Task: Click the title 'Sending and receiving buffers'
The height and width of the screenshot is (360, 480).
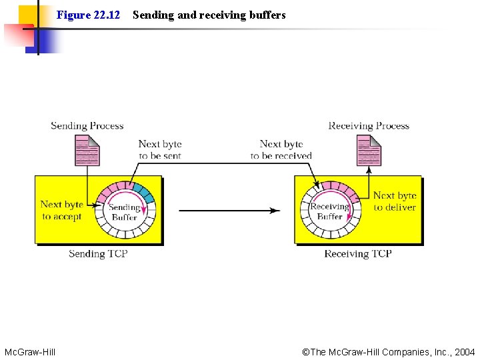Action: click(209, 15)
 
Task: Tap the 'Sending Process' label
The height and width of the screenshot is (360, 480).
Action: click(87, 125)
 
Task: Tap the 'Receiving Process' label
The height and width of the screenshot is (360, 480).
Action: click(369, 125)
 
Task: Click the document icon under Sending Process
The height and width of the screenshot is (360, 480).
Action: click(87, 151)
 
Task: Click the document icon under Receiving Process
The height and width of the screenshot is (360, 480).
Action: click(369, 151)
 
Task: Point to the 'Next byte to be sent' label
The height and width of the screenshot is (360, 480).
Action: click(160, 149)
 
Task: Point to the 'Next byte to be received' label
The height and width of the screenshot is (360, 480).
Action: click(281, 149)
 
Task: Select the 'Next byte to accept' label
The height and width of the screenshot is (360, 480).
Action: click(61, 210)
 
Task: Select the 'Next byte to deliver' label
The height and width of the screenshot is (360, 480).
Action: click(394, 201)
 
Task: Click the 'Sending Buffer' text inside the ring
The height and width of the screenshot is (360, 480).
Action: click(125, 212)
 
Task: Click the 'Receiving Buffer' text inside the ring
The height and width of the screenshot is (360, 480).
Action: click(329, 211)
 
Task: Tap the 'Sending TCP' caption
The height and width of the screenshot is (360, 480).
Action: click(98, 253)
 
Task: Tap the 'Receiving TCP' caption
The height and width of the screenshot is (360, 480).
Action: click(357, 253)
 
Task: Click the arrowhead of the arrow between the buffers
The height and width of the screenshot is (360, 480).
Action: click(275, 211)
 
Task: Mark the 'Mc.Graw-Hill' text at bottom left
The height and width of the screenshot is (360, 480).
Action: click(30, 351)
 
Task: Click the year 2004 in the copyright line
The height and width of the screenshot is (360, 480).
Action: click(465, 351)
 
